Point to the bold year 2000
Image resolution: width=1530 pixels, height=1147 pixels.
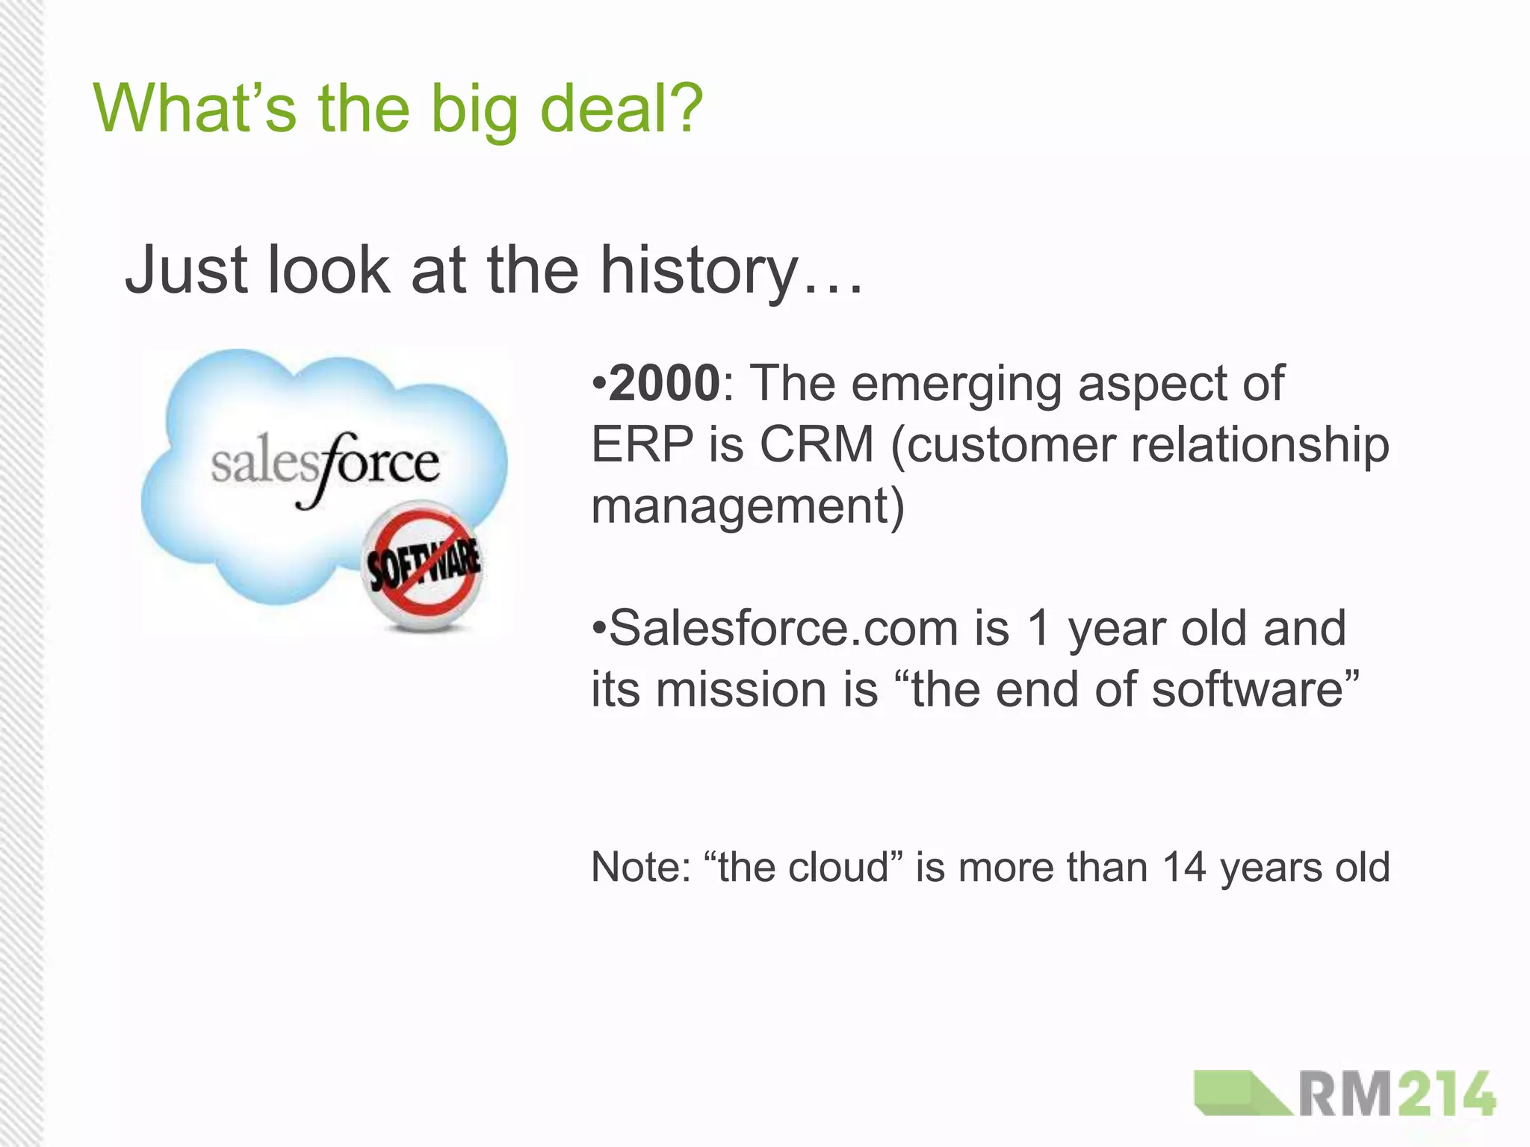[664, 383]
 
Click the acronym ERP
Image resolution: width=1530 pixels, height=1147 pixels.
[642, 444]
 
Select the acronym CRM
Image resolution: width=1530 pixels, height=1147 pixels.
[817, 444]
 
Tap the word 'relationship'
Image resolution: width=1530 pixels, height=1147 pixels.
[1260, 446]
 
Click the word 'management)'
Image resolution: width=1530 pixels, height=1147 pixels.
[748, 506]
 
